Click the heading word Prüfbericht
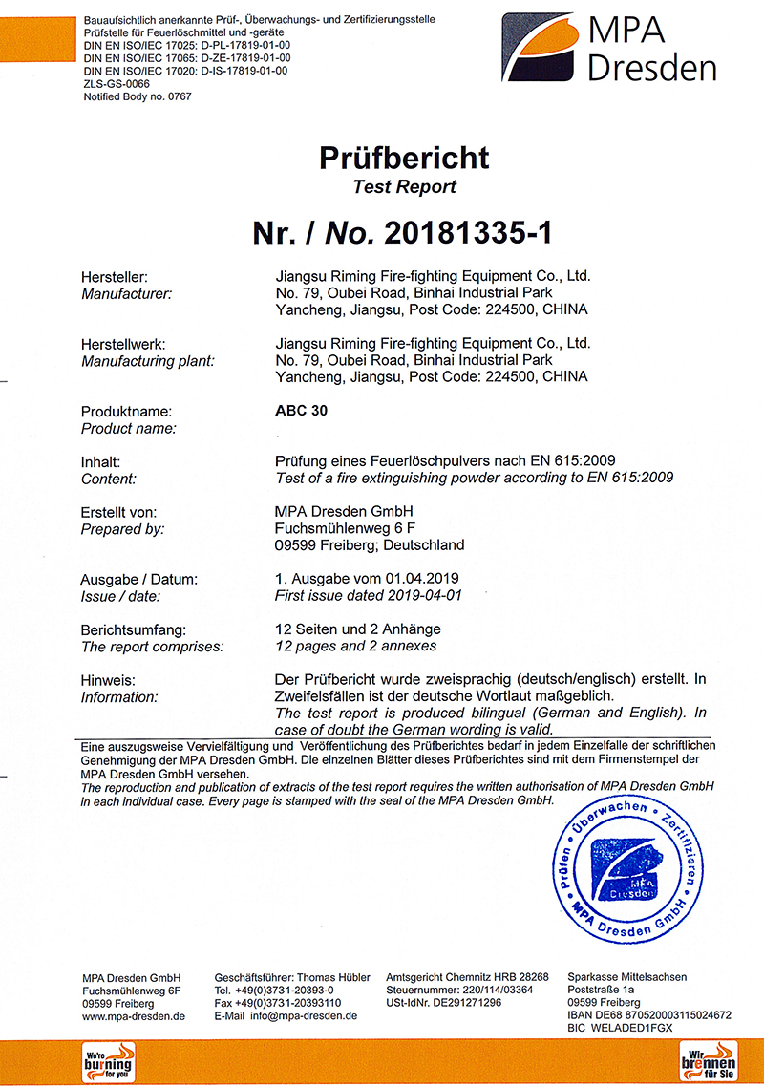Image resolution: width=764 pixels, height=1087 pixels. point(404,158)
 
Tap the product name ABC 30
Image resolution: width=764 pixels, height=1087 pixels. point(294,412)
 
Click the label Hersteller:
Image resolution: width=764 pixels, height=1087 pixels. point(114,276)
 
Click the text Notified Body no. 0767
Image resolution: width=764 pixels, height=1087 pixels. point(138,96)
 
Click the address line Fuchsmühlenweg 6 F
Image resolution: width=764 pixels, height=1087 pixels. point(345,528)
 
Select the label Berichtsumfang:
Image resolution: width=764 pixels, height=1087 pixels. point(134,629)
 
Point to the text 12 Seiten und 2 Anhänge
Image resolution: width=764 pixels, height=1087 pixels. point(358,629)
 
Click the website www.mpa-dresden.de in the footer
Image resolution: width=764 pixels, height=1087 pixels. point(134,1016)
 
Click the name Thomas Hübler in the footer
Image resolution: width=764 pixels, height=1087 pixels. point(333,977)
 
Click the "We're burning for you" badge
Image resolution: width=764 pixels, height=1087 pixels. point(108,1061)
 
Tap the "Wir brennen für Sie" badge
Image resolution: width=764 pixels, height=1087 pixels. point(707,1061)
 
